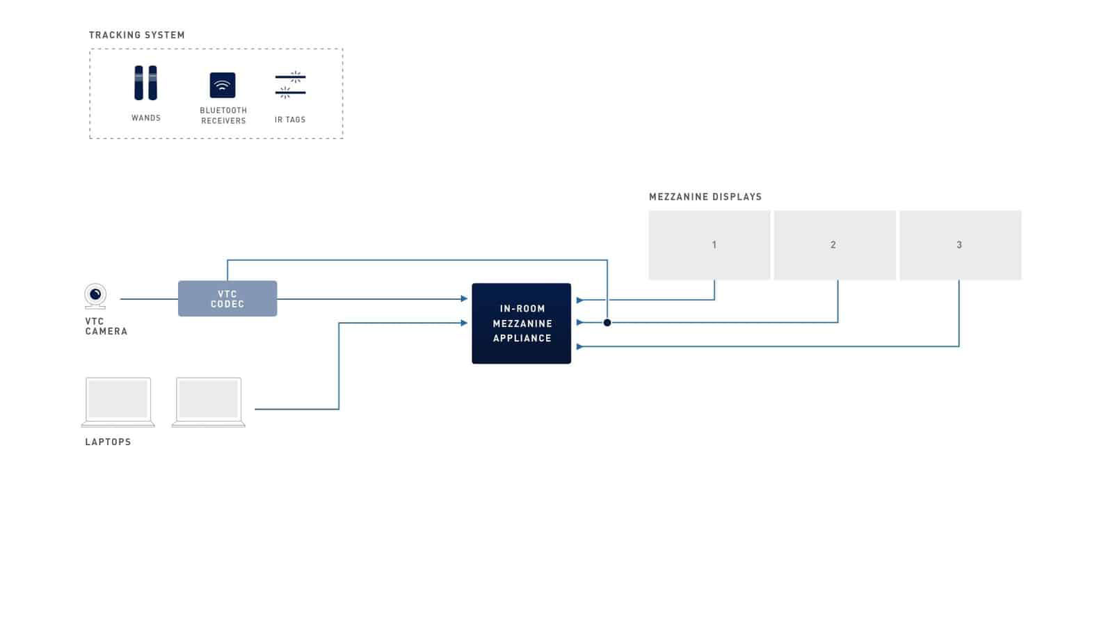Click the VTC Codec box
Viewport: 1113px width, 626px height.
[x=227, y=298]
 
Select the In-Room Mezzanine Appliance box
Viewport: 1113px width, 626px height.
[x=521, y=323]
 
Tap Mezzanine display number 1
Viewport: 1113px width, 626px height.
[x=709, y=245]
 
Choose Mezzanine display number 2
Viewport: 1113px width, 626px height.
[x=835, y=245]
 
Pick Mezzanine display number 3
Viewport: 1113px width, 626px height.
[x=960, y=245]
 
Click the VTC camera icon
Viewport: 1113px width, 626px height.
[x=95, y=296]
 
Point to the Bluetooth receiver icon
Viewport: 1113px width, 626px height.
[x=222, y=85]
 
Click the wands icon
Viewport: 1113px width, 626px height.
[x=145, y=83]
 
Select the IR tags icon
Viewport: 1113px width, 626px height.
[x=290, y=84]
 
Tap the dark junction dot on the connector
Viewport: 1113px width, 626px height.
[x=607, y=323]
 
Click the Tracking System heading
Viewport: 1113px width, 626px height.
[x=136, y=35]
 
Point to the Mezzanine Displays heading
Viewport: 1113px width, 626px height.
[x=705, y=197]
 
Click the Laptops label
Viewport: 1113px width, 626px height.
[x=108, y=442]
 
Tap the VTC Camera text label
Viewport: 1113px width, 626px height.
[x=106, y=326]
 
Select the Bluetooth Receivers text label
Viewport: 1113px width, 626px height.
[x=223, y=115]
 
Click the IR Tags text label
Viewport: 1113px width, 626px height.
[x=290, y=120]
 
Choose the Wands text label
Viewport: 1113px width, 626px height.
[x=146, y=118]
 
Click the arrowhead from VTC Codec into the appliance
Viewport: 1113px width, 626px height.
[x=464, y=298]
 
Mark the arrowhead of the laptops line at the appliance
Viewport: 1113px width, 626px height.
[x=464, y=323]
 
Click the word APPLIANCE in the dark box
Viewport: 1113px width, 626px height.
[x=522, y=338]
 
